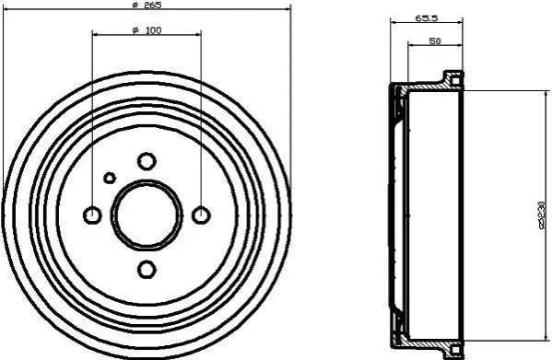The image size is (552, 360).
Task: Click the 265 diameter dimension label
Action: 147,5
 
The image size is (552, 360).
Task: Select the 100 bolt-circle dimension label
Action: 147,30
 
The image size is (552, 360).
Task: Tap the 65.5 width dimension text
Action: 427,17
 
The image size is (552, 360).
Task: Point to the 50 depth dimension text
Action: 435,41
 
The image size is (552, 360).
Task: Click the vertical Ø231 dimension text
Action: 543,215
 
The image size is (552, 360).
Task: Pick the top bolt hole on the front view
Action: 147,161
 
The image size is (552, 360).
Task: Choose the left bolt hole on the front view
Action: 92,215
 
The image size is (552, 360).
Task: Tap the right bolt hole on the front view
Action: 201,215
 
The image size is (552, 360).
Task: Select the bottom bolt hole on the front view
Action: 147,270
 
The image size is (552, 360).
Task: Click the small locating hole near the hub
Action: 110,178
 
